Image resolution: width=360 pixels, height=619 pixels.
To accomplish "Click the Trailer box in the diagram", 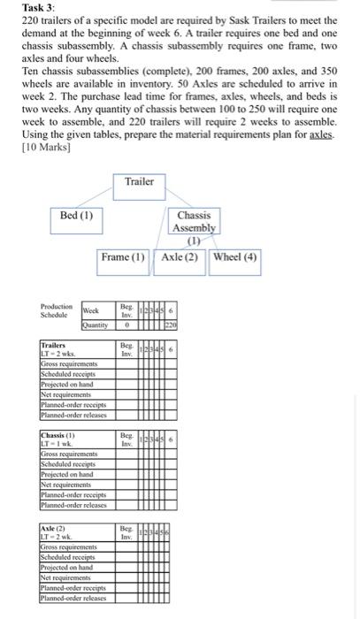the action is click(140, 183).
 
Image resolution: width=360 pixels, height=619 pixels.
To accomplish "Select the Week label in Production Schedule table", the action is click(92, 310).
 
